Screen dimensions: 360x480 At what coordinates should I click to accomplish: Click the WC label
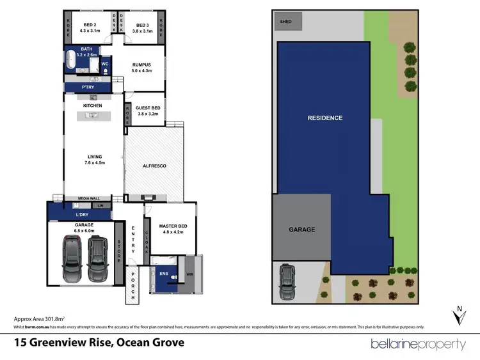point(106,64)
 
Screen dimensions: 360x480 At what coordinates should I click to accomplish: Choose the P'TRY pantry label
point(88,86)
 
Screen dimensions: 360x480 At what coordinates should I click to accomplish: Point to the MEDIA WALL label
point(88,198)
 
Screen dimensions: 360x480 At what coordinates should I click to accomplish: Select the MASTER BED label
point(171,229)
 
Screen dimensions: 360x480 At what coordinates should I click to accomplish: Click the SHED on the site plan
point(285,21)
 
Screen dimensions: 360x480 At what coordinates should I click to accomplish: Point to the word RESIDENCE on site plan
point(324,118)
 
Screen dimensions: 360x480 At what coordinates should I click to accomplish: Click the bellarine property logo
point(419,344)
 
